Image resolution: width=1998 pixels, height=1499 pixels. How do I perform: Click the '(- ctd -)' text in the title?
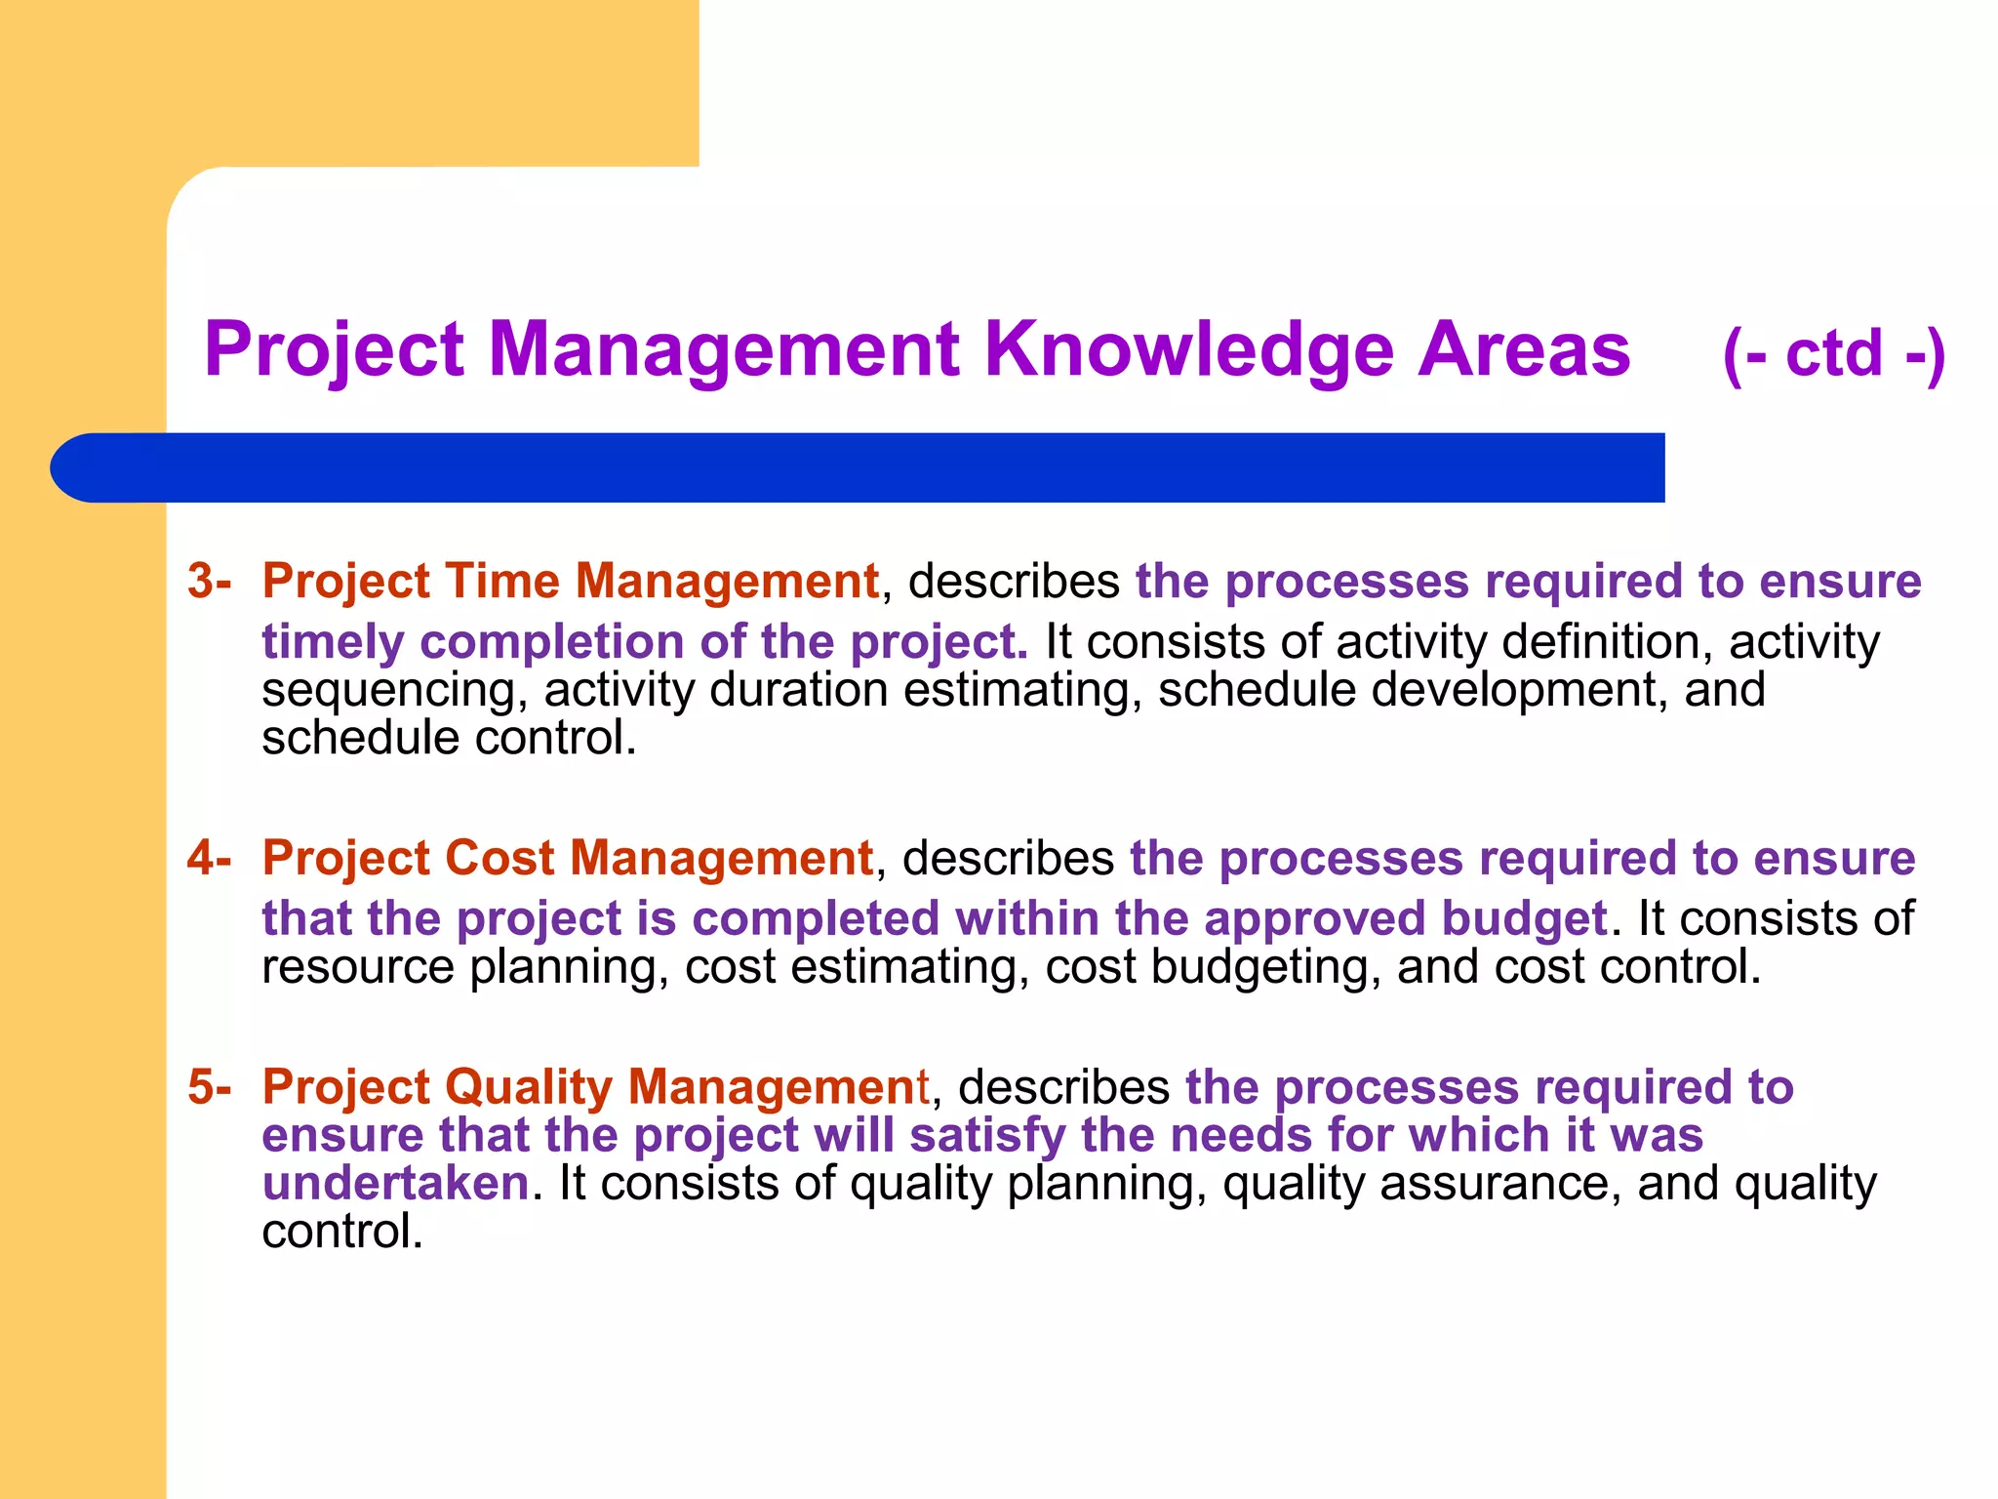[x=1834, y=353]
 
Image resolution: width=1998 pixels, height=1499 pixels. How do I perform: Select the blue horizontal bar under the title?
[x=859, y=467]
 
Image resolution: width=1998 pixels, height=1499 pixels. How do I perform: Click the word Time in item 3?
[x=500, y=581]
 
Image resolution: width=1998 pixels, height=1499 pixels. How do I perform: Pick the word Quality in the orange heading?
[x=529, y=1087]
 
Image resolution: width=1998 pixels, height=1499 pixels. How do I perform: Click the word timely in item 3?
[x=333, y=642]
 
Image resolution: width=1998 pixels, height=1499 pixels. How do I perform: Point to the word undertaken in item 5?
[x=395, y=1183]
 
